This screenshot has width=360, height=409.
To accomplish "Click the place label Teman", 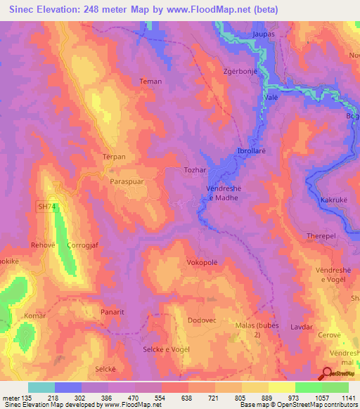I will pos(150,82).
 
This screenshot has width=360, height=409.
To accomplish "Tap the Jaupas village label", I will pos(262,33).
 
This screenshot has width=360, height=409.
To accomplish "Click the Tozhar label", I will pos(195,171).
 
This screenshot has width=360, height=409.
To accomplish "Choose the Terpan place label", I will pos(114,157).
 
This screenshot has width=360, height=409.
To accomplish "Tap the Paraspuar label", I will pos(127,181).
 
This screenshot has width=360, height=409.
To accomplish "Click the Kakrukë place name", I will pos(335,200).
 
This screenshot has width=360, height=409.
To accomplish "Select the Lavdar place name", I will pos(301,327).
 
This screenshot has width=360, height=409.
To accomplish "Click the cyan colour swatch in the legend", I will pos(41,387).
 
